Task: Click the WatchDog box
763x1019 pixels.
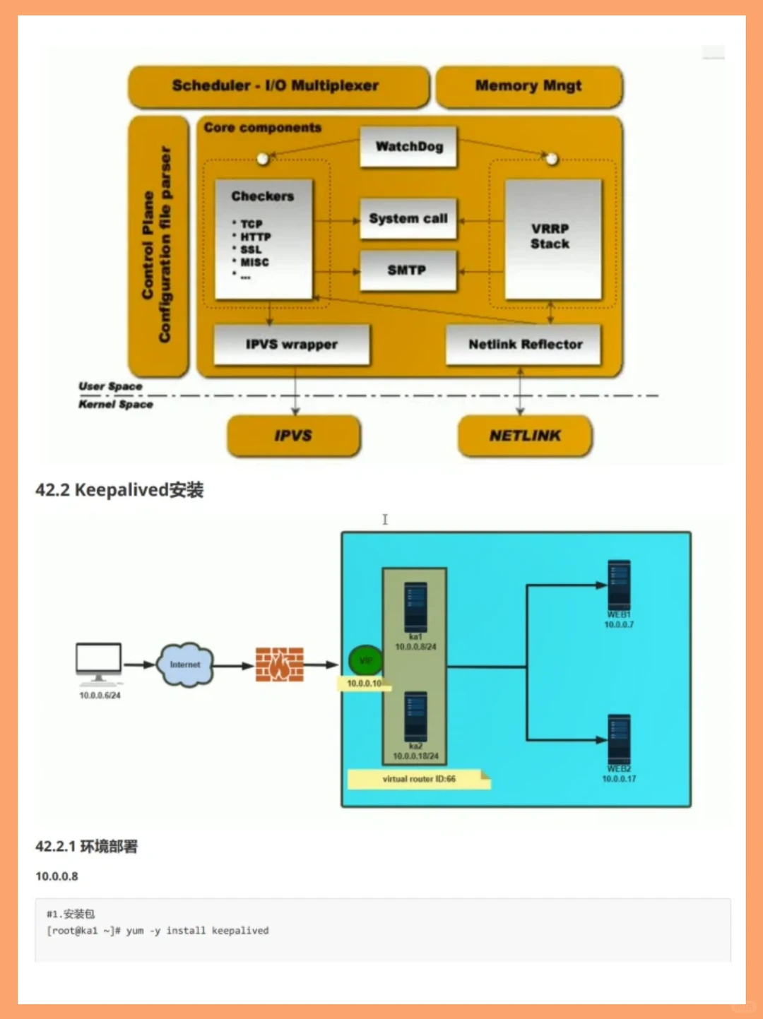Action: (x=408, y=147)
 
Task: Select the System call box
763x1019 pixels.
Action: (x=408, y=219)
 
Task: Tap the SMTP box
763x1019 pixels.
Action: (x=408, y=270)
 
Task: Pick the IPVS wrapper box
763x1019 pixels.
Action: (x=291, y=345)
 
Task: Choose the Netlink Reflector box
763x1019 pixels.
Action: (x=524, y=345)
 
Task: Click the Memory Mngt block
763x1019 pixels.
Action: (x=528, y=86)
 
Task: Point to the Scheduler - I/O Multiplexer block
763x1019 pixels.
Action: (x=277, y=86)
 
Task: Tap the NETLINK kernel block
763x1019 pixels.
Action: (x=525, y=436)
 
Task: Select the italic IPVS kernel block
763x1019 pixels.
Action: (x=293, y=436)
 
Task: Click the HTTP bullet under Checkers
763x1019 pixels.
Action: (x=255, y=237)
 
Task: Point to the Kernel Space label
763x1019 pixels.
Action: (x=116, y=405)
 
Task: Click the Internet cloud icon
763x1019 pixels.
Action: (x=185, y=665)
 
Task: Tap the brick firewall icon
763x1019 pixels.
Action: (x=280, y=665)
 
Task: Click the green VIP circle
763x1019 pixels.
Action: (x=365, y=661)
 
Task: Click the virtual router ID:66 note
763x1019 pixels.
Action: (x=418, y=779)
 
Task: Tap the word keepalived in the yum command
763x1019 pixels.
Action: (x=240, y=931)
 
